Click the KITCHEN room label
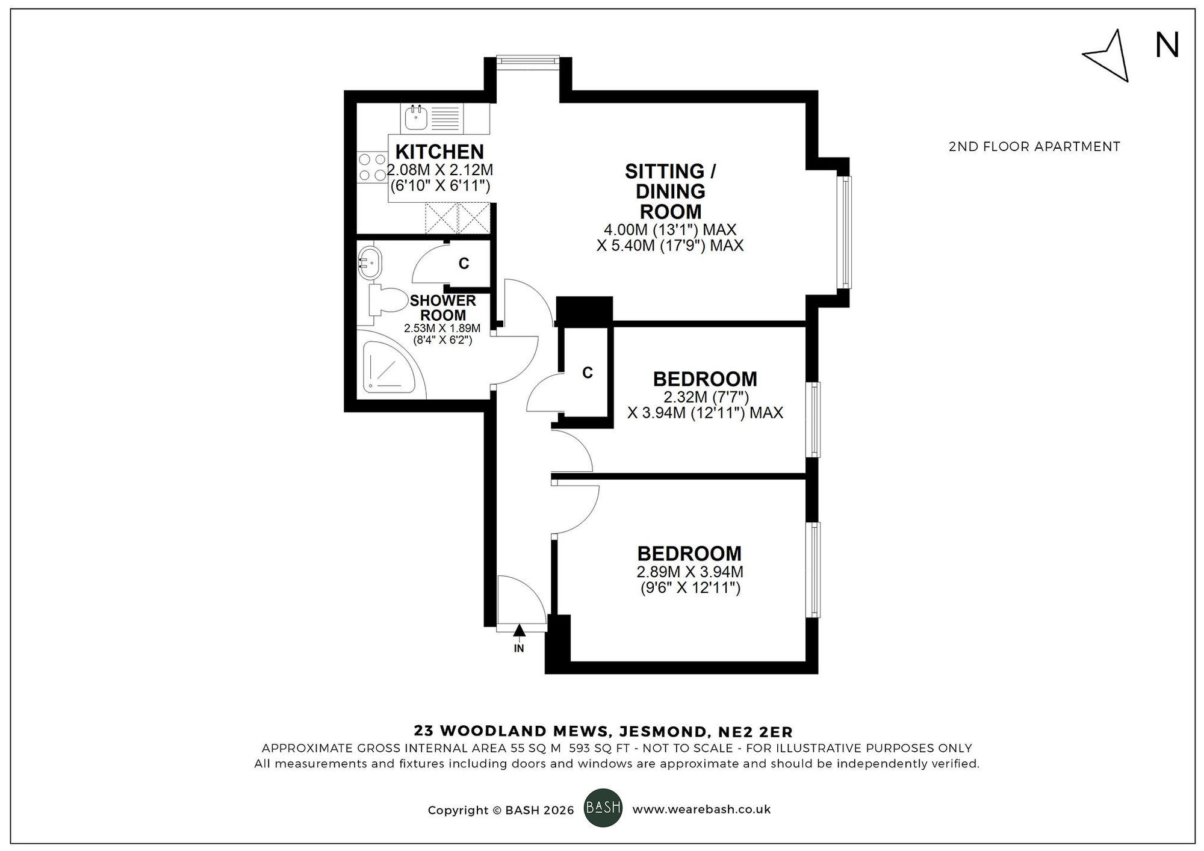[439, 152]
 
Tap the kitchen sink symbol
[415, 118]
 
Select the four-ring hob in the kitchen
[372, 168]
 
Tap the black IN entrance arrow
[519, 630]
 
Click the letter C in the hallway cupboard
[588, 373]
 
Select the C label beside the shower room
[464, 263]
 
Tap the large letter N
[1167, 46]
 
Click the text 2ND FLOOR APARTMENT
[1034, 146]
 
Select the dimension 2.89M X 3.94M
[690, 572]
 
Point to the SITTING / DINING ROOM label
[670, 191]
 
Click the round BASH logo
[603, 807]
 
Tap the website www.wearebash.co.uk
[701, 809]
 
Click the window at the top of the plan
[528, 58]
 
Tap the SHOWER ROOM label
[443, 308]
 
